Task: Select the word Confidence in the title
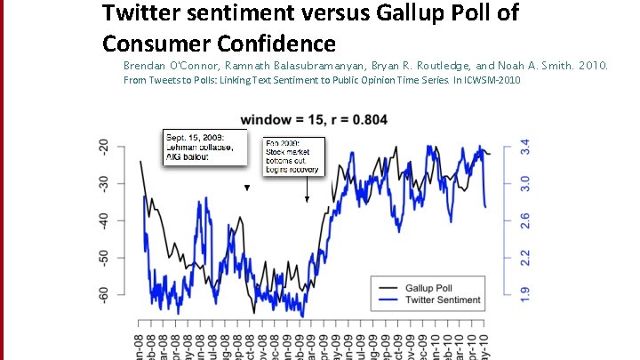[x=281, y=43]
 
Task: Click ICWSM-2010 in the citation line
[x=492, y=81]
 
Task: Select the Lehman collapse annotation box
[x=201, y=147]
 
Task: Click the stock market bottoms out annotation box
[x=293, y=156]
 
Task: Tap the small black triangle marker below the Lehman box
[x=247, y=188]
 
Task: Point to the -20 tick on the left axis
[x=106, y=147]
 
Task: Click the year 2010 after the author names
[x=592, y=66]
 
